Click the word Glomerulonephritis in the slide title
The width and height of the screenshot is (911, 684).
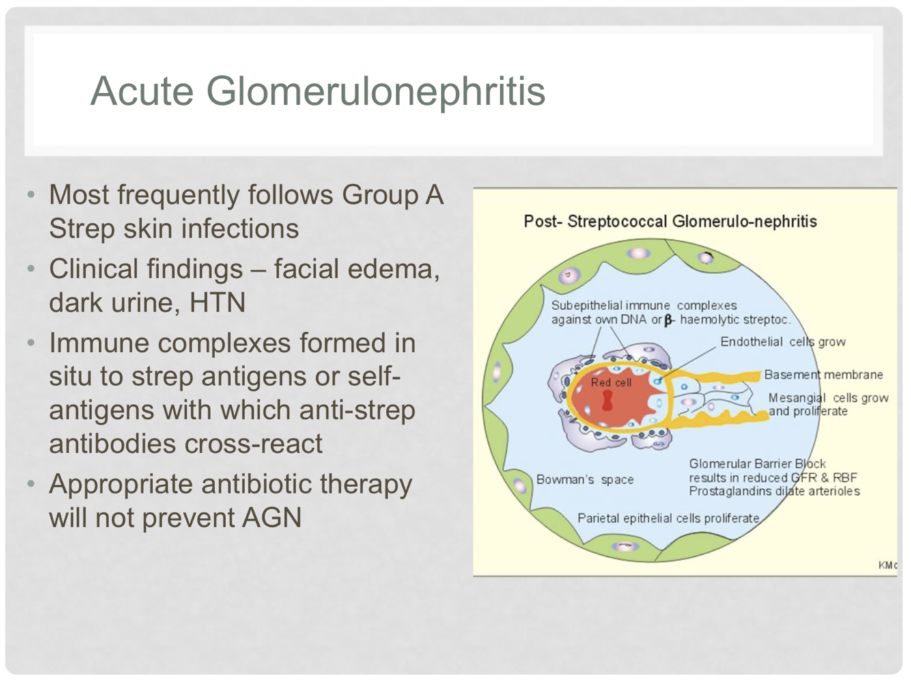(x=376, y=91)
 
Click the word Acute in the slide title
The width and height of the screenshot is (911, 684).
(x=142, y=91)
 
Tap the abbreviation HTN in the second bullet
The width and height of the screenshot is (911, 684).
(x=217, y=302)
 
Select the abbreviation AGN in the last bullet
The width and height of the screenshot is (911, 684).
(x=272, y=517)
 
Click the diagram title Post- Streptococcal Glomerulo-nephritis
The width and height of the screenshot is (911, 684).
(x=670, y=221)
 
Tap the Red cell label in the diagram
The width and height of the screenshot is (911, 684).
(x=611, y=383)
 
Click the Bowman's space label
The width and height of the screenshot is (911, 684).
(x=585, y=480)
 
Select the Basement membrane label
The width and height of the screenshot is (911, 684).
(x=823, y=374)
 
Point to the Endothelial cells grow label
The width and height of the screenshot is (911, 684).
(x=783, y=342)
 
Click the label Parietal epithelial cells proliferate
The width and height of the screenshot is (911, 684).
(x=668, y=518)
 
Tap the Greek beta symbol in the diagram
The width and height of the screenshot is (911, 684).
(x=669, y=320)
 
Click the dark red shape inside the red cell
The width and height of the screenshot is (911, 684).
(x=607, y=401)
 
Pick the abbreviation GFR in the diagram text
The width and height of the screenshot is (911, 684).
(x=804, y=478)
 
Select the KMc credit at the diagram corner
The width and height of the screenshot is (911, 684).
(x=887, y=565)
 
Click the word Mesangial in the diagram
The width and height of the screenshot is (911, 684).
(x=796, y=398)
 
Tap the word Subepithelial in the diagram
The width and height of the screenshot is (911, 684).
(x=586, y=305)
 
